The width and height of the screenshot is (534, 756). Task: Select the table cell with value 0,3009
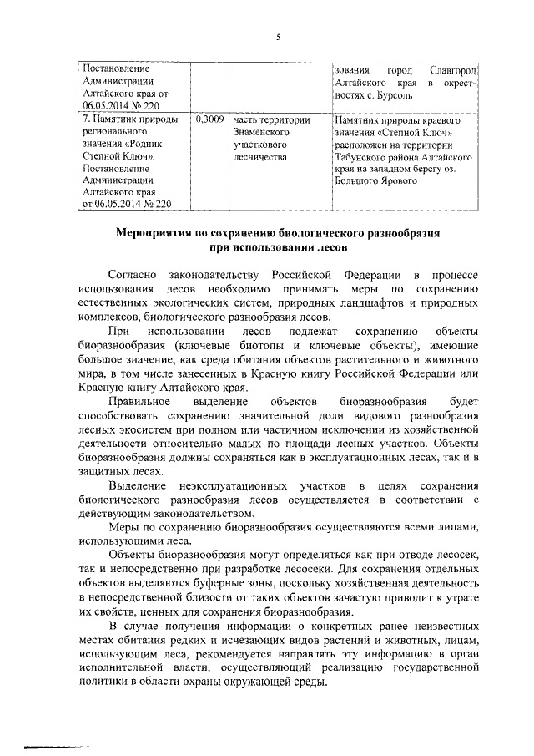click(x=209, y=120)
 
